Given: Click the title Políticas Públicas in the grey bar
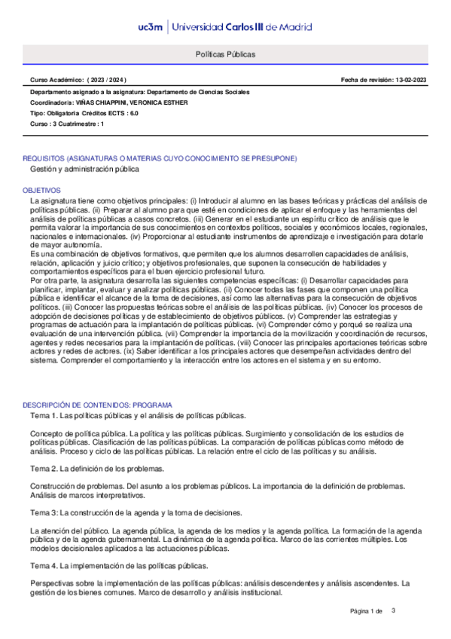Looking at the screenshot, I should pyautogui.click(x=225, y=55).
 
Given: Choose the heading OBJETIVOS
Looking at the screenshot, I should pyautogui.click(x=41, y=191).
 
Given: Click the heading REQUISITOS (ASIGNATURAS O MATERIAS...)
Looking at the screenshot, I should pyautogui.click(x=160, y=158).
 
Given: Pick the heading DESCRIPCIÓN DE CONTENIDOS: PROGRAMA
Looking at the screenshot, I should pyautogui.click(x=98, y=405).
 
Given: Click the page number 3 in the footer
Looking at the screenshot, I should pyautogui.click(x=393, y=610).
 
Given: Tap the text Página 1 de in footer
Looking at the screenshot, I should pyautogui.click(x=367, y=610).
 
